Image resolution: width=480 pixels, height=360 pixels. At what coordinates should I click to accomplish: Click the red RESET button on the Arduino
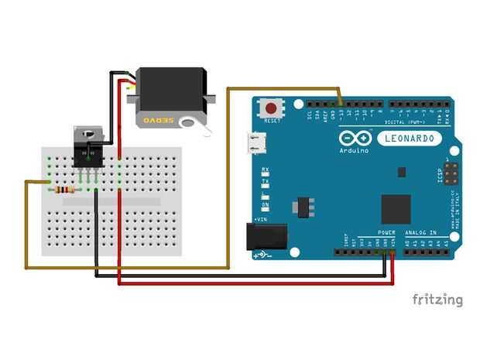click(272, 108)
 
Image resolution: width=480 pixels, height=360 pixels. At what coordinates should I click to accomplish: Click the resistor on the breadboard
click(63, 189)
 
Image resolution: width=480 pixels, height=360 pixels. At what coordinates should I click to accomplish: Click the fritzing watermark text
click(437, 300)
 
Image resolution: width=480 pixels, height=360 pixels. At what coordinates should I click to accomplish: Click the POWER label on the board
click(386, 232)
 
